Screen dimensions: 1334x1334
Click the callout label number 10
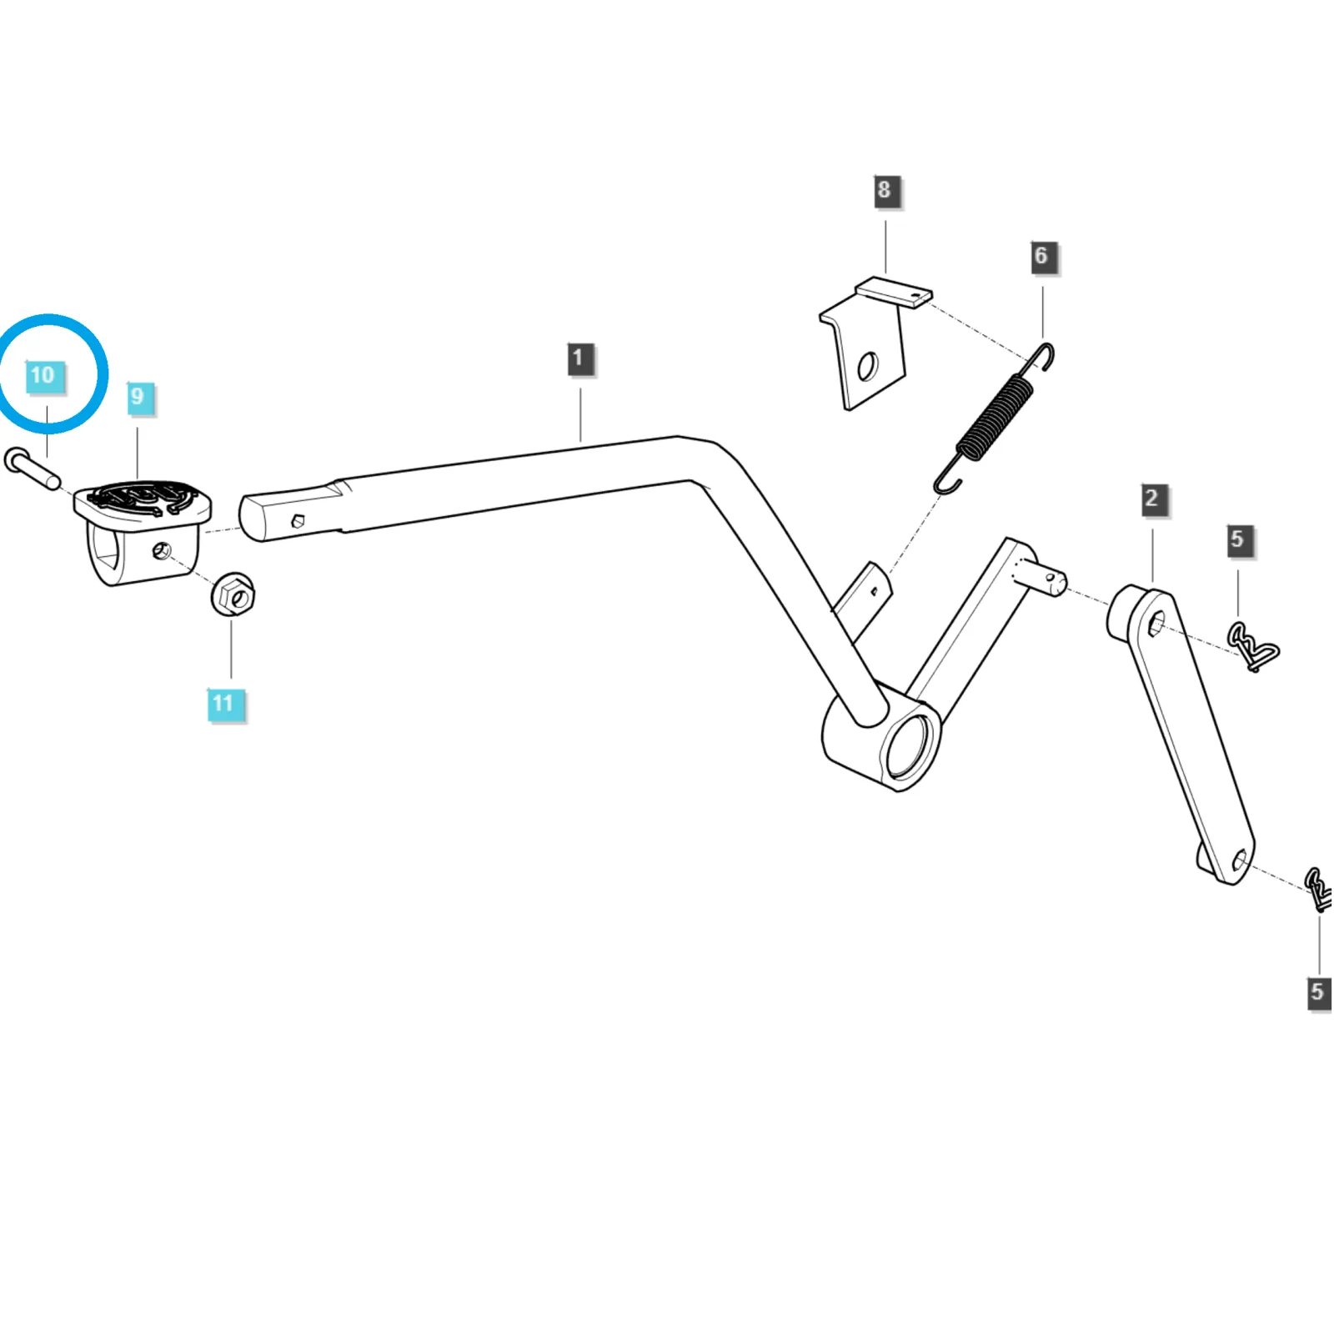43,375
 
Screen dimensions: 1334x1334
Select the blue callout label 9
138,397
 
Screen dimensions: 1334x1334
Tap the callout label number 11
223,704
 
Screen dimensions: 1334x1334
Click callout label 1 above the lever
579,359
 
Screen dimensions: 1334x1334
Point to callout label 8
885,190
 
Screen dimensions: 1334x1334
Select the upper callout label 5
1238,540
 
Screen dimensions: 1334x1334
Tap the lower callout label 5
1318,992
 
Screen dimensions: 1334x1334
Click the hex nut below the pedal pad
233,594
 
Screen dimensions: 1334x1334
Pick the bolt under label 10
32,468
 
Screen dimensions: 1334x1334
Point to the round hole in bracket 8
867,366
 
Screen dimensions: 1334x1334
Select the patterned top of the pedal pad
142,499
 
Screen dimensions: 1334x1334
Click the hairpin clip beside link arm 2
1253,647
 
